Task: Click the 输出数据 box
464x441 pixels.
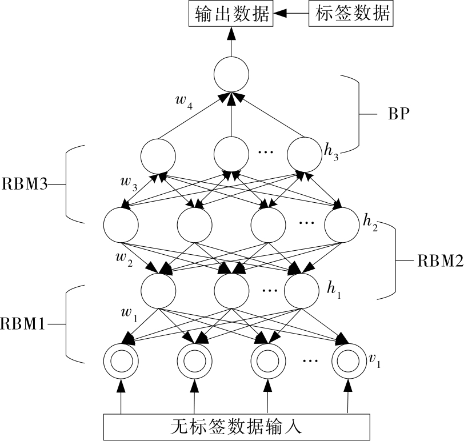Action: (231, 14)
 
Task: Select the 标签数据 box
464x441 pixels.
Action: (350, 14)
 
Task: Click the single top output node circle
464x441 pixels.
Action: (231, 75)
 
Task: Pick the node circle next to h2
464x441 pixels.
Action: (342, 224)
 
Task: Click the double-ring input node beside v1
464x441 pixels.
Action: (348, 360)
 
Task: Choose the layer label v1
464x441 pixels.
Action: (375, 360)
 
